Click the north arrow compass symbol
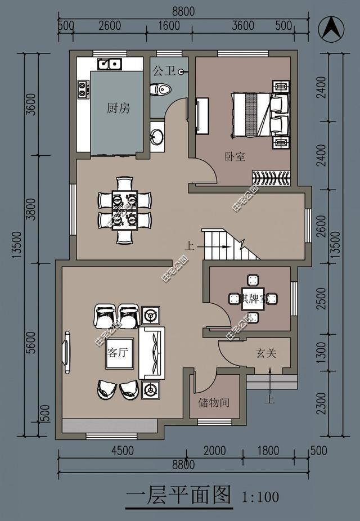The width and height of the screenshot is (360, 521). [x=332, y=28]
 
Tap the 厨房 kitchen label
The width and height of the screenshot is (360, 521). [x=118, y=108]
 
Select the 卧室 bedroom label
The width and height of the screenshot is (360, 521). [x=235, y=157]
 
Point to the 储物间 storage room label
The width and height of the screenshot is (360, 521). [x=213, y=403]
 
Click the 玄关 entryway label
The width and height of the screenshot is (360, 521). [x=266, y=353]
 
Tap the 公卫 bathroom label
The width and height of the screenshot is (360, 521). [x=164, y=71]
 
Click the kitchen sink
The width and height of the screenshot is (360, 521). [x=110, y=64]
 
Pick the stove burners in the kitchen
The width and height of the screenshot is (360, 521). [x=83, y=89]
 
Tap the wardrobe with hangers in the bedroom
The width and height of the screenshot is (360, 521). [x=271, y=178]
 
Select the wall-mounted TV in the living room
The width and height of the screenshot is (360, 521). [x=67, y=352]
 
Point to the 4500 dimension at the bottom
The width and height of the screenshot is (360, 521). [x=122, y=450]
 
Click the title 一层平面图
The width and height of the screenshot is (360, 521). [x=178, y=496]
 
